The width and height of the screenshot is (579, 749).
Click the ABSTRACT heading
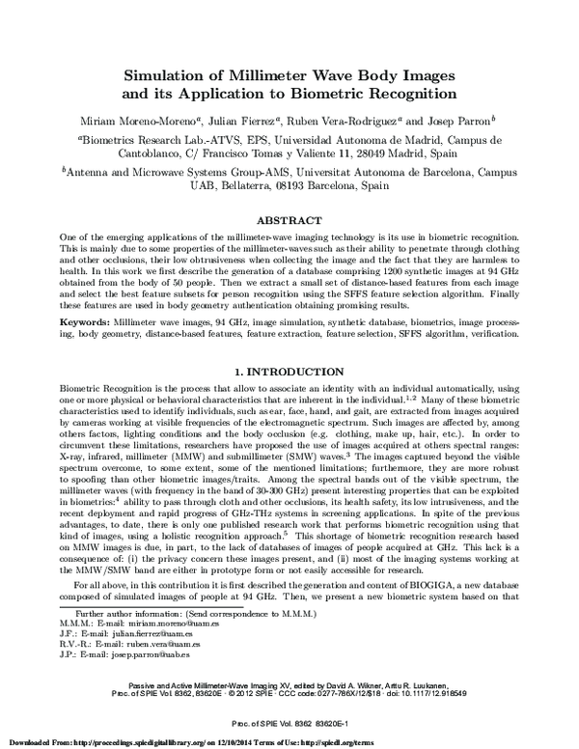click(x=289, y=220)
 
